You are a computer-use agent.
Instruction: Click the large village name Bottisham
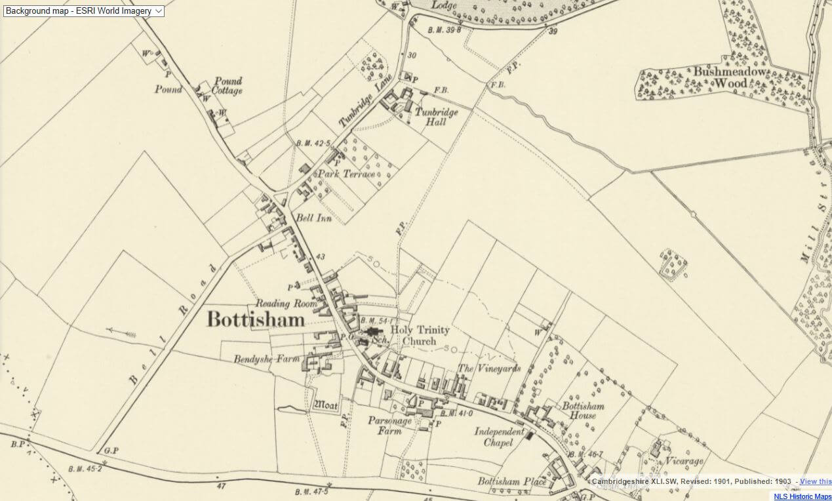pos(256,319)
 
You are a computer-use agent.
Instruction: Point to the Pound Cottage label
pos(227,86)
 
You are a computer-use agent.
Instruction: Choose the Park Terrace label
pos(347,174)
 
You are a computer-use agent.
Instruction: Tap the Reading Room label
pos(286,304)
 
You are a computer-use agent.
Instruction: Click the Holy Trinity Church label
pos(413,336)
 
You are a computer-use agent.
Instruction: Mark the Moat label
pos(326,405)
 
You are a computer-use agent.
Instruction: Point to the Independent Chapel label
pos(499,437)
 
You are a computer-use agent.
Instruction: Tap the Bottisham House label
pos(583,411)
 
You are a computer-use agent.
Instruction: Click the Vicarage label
pos(685,461)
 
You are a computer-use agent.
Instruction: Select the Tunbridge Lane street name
pos(365,100)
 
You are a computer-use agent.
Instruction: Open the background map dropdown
pos(84,10)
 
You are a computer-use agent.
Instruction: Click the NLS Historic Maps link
pos(802,496)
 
